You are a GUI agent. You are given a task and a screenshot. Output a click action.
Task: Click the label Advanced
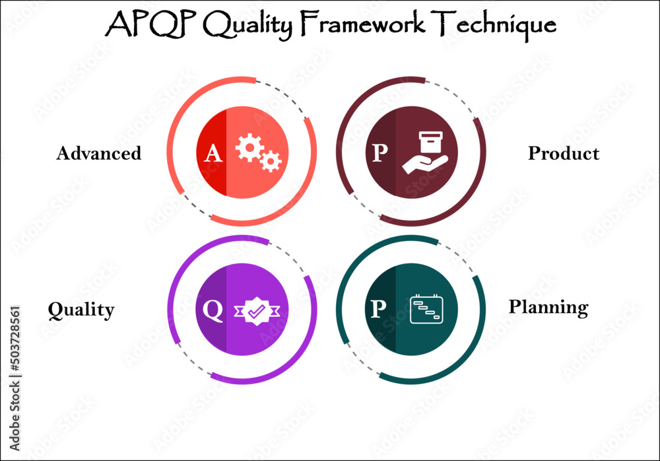click(99, 153)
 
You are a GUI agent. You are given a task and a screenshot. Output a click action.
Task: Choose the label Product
click(564, 153)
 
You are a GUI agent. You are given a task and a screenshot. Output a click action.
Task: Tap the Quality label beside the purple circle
click(81, 310)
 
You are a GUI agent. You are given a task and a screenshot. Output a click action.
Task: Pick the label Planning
click(548, 307)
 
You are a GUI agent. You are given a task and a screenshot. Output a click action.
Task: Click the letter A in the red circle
click(213, 154)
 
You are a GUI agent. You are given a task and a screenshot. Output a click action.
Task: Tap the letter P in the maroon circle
click(379, 154)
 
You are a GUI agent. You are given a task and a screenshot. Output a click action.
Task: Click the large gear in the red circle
click(249, 147)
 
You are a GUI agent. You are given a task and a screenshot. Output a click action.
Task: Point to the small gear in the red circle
click(271, 160)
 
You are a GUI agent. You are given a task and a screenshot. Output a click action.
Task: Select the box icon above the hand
click(430, 141)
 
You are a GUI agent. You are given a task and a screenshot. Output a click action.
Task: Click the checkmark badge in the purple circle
click(256, 310)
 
